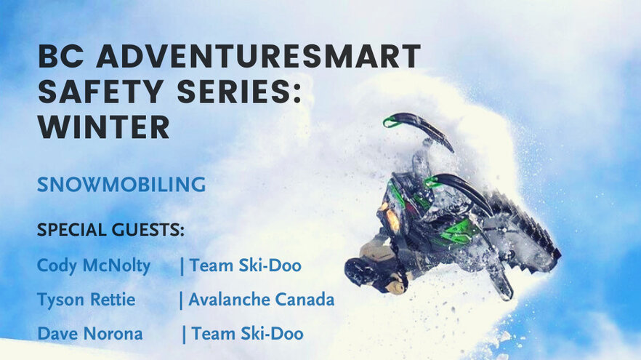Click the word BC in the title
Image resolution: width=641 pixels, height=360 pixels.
61,56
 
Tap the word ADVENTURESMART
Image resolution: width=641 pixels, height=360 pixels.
259,56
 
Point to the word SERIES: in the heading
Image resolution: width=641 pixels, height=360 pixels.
239,91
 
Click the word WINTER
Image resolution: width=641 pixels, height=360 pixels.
104,127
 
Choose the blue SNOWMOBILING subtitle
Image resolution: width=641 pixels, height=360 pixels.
121,185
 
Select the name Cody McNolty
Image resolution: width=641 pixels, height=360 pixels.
94,265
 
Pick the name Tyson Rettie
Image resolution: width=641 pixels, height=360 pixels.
86,300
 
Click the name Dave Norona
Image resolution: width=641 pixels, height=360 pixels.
90,333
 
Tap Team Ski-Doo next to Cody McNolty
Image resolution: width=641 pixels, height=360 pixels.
246,265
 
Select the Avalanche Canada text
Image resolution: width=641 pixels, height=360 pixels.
261,300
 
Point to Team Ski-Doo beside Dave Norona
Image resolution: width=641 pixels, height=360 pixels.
247,333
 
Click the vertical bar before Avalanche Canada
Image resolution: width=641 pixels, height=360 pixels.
181,300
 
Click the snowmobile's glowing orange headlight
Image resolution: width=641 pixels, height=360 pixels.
391,218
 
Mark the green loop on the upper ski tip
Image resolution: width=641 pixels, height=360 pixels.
390,121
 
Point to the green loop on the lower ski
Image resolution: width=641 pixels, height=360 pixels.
430,181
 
